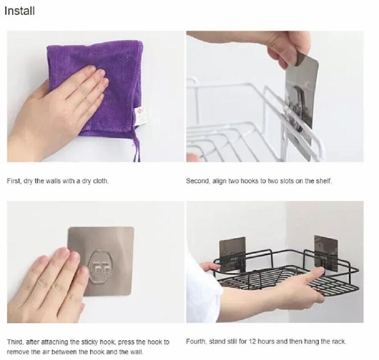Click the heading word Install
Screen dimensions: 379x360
(20, 11)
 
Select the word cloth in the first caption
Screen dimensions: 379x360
(101, 181)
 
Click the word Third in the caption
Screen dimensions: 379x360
(15, 342)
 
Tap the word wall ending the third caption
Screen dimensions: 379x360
(137, 352)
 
